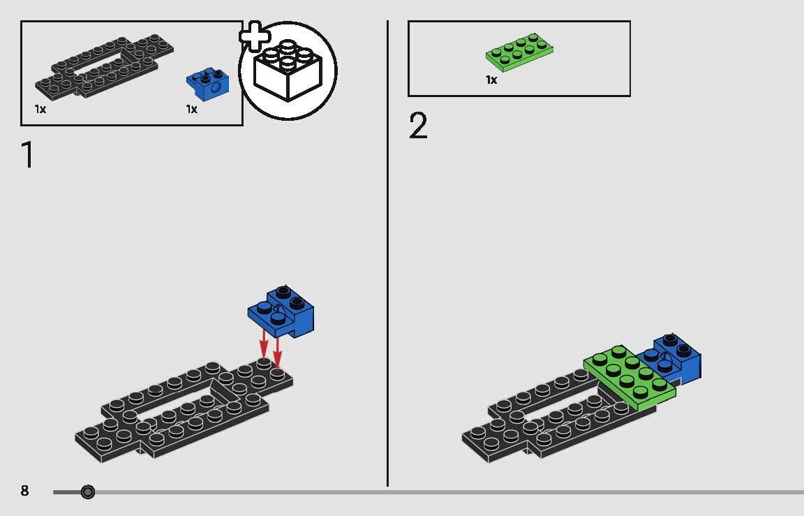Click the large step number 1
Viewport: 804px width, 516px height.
coord(28,155)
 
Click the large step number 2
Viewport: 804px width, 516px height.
coord(418,126)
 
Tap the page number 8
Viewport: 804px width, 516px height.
coord(25,491)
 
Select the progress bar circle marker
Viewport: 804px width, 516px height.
coord(87,492)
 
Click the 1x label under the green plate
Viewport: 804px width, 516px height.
coord(491,80)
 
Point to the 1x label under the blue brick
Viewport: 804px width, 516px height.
coord(191,109)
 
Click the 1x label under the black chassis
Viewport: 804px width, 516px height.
coord(40,109)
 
